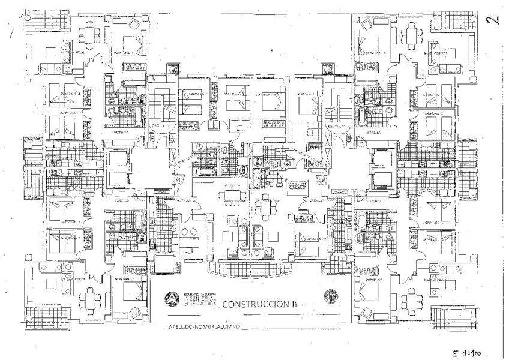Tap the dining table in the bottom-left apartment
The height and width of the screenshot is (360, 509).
(89, 298)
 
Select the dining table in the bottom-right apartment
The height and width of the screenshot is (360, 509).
(412, 298)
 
